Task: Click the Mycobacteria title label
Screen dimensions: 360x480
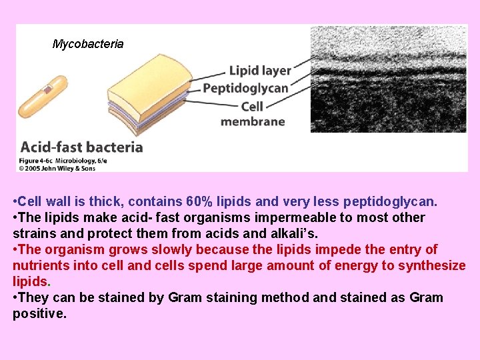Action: coord(88,44)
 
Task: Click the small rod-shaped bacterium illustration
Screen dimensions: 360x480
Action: coord(43,97)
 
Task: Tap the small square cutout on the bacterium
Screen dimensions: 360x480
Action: coord(49,89)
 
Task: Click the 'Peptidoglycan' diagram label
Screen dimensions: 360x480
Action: coord(245,88)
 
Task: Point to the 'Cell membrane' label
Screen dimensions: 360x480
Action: coord(253,113)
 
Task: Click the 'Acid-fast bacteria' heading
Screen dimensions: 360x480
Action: coord(81,147)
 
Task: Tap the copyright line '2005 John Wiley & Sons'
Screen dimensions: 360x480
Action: coord(60,168)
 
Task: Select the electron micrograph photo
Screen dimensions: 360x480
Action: coord(389,79)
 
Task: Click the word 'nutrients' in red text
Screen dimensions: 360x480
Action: coord(39,265)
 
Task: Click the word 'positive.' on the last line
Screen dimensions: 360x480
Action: coord(39,313)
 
